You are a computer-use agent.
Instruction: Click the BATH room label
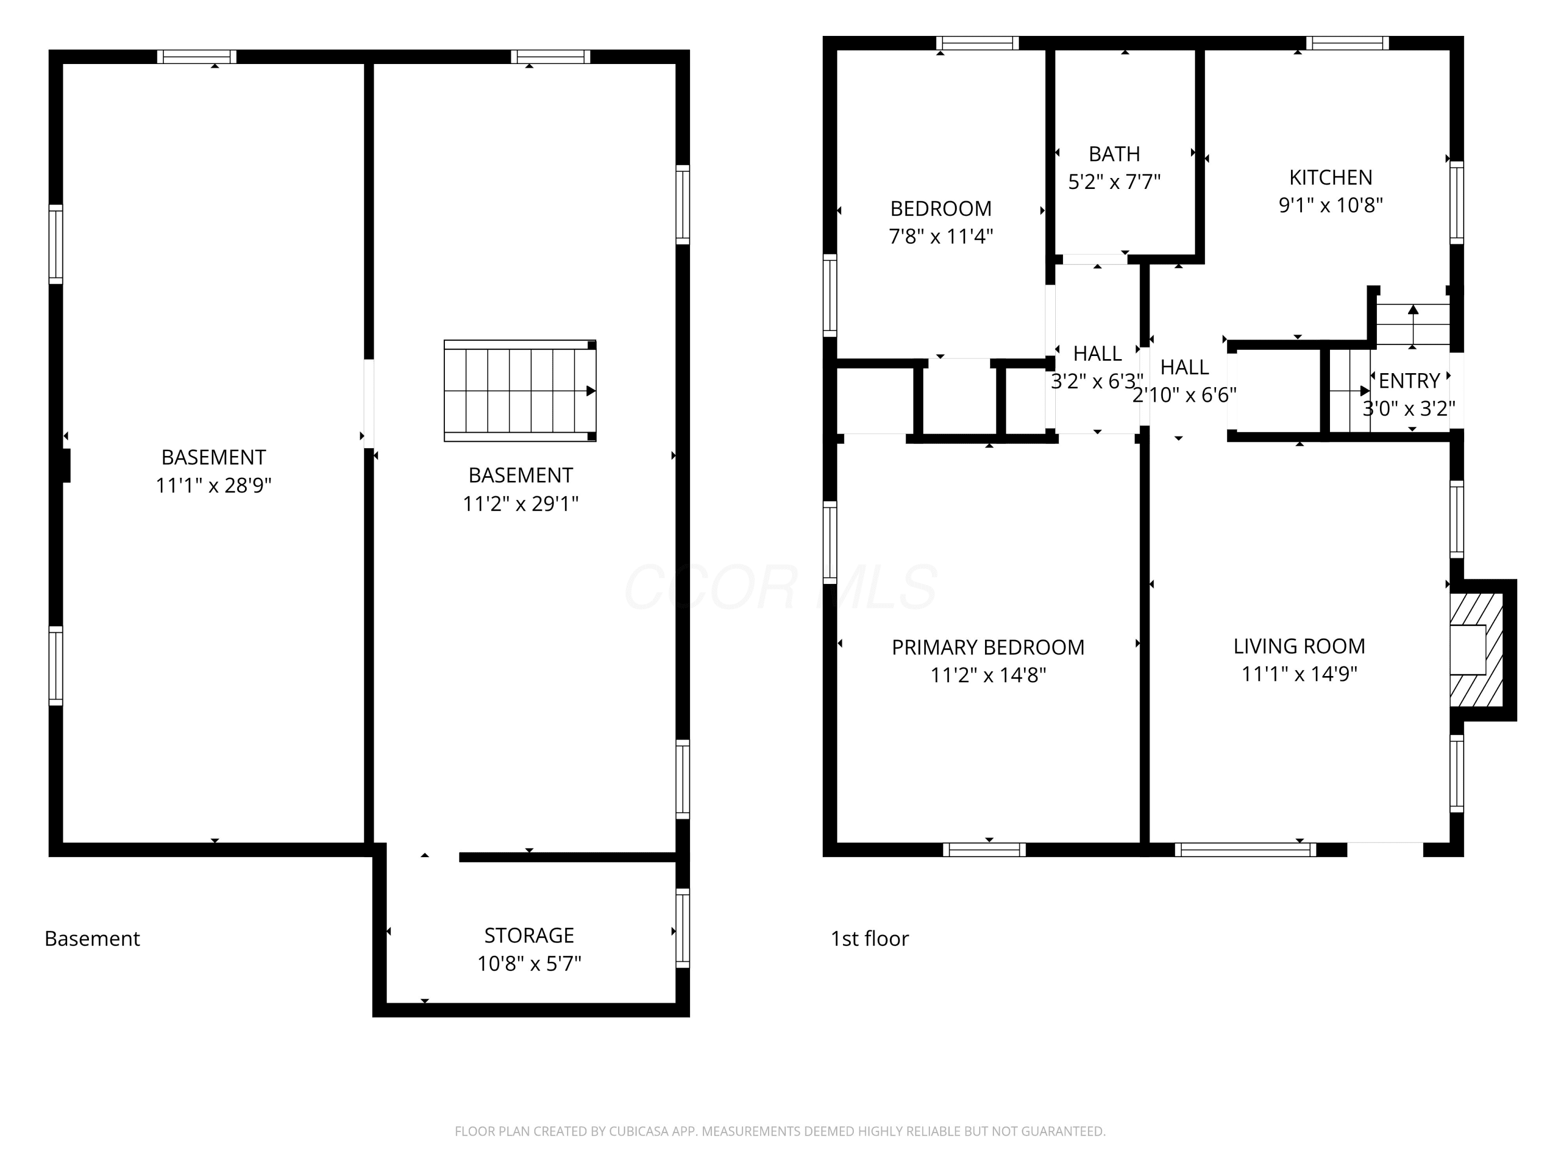(x=1115, y=154)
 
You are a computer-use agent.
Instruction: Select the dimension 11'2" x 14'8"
(x=988, y=675)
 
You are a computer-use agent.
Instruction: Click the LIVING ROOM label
(x=1299, y=646)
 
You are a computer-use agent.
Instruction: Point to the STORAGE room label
(x=529, y=935)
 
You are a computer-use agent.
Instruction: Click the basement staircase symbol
(x=520, y=390)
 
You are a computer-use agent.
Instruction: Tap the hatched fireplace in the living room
(x=1476, y=650)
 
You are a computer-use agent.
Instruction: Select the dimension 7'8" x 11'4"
(x=941, y=236)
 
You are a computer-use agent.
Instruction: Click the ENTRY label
(x=1409, y=381)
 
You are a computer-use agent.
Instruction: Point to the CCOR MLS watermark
(x=780, y=587)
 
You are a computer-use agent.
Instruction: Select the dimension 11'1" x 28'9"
(x=214, y=485)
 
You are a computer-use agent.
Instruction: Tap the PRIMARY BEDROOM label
(x=988, y=647)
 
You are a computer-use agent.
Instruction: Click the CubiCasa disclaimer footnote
(x=780, y=1131)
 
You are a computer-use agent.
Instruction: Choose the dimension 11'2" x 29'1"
(x=521, y=503)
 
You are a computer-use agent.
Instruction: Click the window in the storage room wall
(x=682, y=927)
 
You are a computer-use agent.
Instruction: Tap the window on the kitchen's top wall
(x=1347, y=43)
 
